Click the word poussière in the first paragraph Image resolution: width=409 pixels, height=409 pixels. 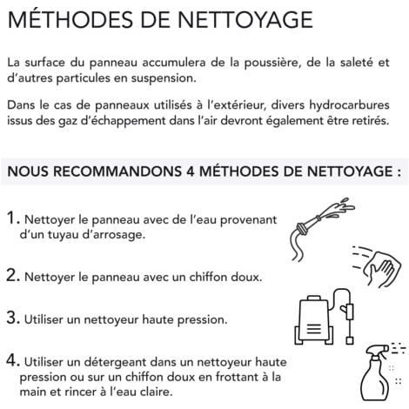[x=271, y=63]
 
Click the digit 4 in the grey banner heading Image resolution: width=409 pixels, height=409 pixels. [x=190, y=171]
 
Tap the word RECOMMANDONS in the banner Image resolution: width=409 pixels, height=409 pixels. [x=117, y=171]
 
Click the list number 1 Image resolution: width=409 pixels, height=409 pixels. [x=13, y=218]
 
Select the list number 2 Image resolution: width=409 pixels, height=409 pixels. [x=13, y=275]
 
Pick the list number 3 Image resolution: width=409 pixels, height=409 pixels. [x=13, y=318]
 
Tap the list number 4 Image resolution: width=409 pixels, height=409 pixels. [x=13, y=360]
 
